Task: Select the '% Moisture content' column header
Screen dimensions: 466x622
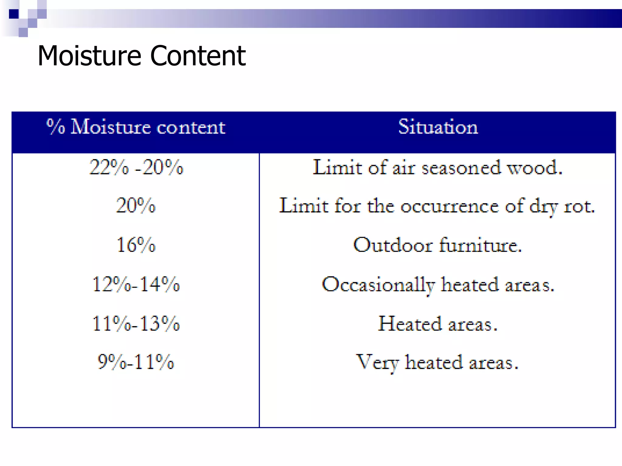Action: click(x=136, y=127)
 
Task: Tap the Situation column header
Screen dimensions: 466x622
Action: click(x=438, y=127)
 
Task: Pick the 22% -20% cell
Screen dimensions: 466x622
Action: click(x=136, y=167)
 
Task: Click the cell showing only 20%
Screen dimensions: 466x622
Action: click(x=136, y=206)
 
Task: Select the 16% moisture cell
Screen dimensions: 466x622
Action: click(x=136, y=245)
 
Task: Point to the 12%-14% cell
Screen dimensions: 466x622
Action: click(x=136, y=284)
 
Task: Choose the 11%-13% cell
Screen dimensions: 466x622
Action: click(x=136, y=323)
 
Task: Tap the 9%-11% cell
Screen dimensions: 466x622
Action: click(x=136, y=362)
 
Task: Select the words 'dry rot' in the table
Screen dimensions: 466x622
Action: click(x=562, y=207)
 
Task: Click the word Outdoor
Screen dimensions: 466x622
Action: click(x=392, y=245)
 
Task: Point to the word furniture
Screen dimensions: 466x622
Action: click(x=480, y=245)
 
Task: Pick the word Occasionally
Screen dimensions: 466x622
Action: click(x=378, y=285)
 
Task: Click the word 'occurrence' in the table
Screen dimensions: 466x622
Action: click(x=449, y=207)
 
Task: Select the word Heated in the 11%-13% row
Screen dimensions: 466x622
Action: click(x=410, y=323)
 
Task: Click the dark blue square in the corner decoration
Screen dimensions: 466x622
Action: click(x=14, y=14)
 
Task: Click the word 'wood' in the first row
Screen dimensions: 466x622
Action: click(x=534, y=168)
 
